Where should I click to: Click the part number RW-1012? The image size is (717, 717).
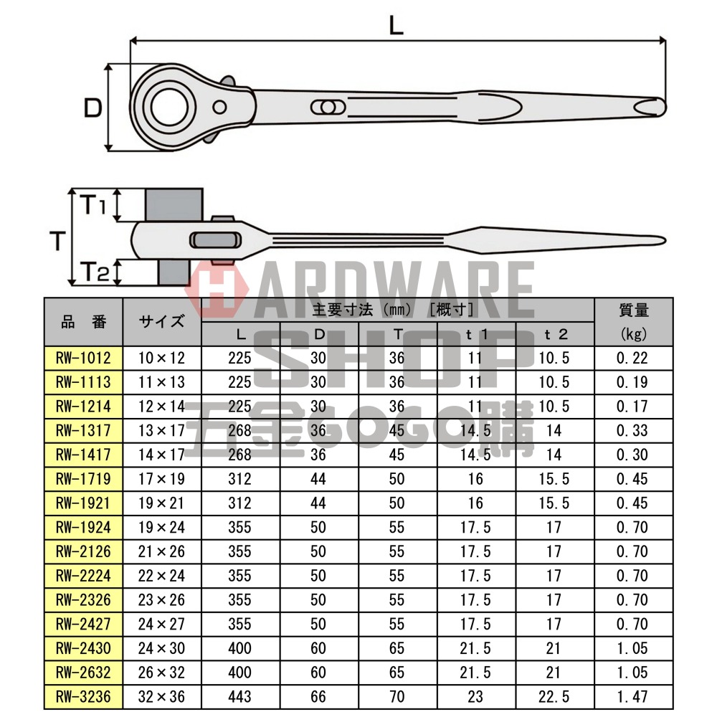pos(83,358)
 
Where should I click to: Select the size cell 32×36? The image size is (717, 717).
pos(162,696)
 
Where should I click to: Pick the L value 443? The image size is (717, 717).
pos(240,696)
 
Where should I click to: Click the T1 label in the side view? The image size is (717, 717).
pos(92,206)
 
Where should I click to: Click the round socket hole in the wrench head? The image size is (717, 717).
pos(168,108)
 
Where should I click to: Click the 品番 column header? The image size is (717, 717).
pos(83,322)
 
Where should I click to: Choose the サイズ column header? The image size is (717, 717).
pos(162,322)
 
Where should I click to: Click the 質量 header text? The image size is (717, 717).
pos(633,310)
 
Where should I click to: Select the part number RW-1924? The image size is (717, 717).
pos(83,528)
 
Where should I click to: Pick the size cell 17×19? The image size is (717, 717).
pos(162,479)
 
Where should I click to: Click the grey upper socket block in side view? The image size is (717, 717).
pos(176,205)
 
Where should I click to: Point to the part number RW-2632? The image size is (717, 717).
pos(83,673)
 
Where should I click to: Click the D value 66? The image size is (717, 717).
pos(318,696)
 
